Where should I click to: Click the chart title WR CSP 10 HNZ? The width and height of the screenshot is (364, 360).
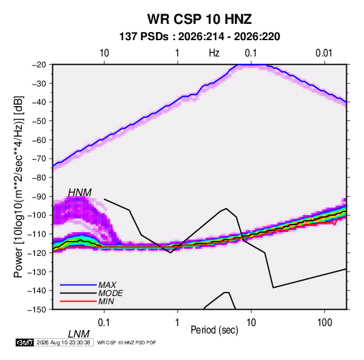(x=199, y=19)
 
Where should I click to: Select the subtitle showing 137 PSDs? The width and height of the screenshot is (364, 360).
(x=199, y=37)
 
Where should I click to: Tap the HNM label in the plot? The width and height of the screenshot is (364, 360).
(x=80, y=193)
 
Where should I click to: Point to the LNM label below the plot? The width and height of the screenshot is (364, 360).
(x=79, y=334)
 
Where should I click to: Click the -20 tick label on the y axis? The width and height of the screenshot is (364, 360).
(x=39, y=65)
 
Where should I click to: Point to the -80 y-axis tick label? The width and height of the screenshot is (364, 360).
(x=39, y=178)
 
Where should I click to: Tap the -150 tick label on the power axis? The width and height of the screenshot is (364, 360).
(x=37, y=310)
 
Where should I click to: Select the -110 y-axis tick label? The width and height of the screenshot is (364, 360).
(x=37, y=234)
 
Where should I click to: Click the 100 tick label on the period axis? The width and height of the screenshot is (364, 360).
(x=325, y=323)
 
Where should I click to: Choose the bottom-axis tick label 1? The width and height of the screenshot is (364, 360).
(x=178, y=323)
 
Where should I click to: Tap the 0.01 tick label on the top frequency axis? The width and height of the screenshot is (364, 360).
(x=324, y=53)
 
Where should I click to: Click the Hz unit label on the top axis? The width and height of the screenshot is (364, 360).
(x=214, y=53)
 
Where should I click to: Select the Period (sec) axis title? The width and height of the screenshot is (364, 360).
(x=214, y=330)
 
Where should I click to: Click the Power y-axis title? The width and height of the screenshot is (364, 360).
(x=18, y=187)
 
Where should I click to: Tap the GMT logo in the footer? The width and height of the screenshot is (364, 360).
(x=24, y=342)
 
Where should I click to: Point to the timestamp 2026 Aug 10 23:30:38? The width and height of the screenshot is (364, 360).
(x=63, y=342)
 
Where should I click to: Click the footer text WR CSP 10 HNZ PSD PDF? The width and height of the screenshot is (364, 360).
(x=127, y=342)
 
